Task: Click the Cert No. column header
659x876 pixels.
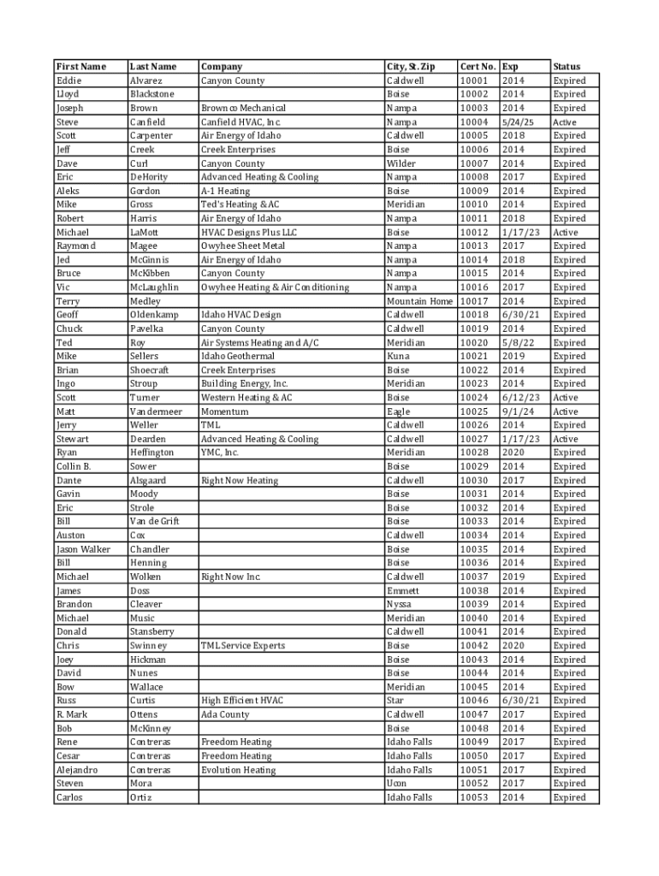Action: pos(478,67)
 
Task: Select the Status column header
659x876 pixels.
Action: pos(567,67)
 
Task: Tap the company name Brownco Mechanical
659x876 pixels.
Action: pos(243,109)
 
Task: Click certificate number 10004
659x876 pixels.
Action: pos(474,122)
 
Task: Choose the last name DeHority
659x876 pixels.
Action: pos(149,177)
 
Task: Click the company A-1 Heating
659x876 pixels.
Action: pos(225,191)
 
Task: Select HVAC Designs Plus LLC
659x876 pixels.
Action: pos(249,233)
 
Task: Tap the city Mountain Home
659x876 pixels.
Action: pos(419,301)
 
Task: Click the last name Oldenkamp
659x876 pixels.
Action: pos(154,315)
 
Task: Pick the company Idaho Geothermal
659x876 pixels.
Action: pos(237,356)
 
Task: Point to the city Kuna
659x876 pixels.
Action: pos(399,356)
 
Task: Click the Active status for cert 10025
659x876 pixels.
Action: pos(566,411)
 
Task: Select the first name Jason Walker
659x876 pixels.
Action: pos(83,549)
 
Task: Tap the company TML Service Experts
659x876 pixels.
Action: pos(243,645)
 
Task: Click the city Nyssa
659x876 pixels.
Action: pos(400,604)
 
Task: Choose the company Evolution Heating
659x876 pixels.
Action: pos(238,770)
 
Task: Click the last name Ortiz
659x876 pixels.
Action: pos(141,797)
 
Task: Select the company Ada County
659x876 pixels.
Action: pos(225,714)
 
